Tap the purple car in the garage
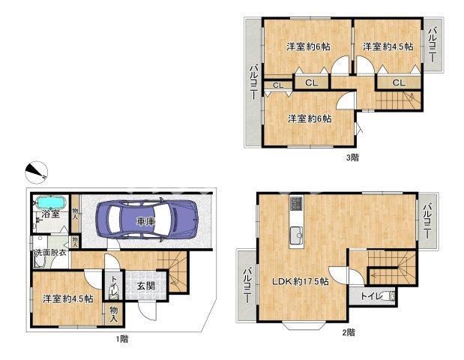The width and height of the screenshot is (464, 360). point(147,220)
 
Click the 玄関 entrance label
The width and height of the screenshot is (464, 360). point(146,286)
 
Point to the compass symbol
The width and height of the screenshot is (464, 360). point(37,172)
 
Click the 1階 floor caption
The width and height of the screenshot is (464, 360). point(122,339)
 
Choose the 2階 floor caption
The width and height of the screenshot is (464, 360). point(349,332)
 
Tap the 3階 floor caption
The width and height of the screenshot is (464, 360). point(352,157)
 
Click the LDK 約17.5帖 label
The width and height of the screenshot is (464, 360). point(301,281)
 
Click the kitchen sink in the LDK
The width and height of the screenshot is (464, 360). point(297,235)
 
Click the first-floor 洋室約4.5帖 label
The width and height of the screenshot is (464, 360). point(68,298)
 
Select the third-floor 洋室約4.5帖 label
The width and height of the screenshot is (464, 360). point(388,46)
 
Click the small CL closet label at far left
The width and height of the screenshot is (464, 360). point(278,85)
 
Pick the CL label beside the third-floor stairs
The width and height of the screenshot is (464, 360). point(399,83)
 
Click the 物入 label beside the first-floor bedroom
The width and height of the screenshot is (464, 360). point(114,314)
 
